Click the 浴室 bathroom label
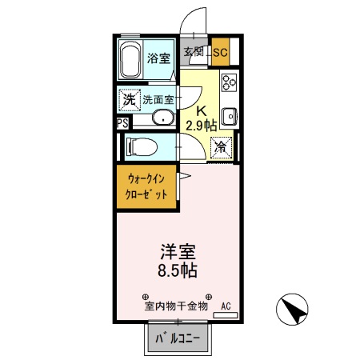158,58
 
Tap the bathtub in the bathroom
130,59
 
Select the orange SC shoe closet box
220,54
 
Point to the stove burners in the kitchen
230,82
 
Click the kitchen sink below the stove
229,115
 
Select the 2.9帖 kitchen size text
201,126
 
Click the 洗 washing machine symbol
128,100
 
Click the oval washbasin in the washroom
162,121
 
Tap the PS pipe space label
121,123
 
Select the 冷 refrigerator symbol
222,148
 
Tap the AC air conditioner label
226,306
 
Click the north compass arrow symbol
294,309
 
